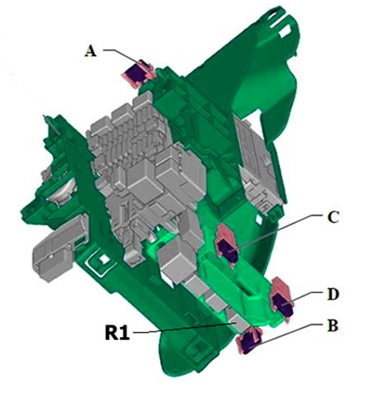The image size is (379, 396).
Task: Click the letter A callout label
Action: coord(90,52)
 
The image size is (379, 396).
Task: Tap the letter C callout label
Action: coord(333,217)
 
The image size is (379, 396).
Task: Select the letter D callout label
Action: coord(333,294)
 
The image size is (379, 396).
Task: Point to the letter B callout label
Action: coord(333,325)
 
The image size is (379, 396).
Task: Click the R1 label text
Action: coord(117,332)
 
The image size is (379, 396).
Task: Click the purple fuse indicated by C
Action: coord(228,250)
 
